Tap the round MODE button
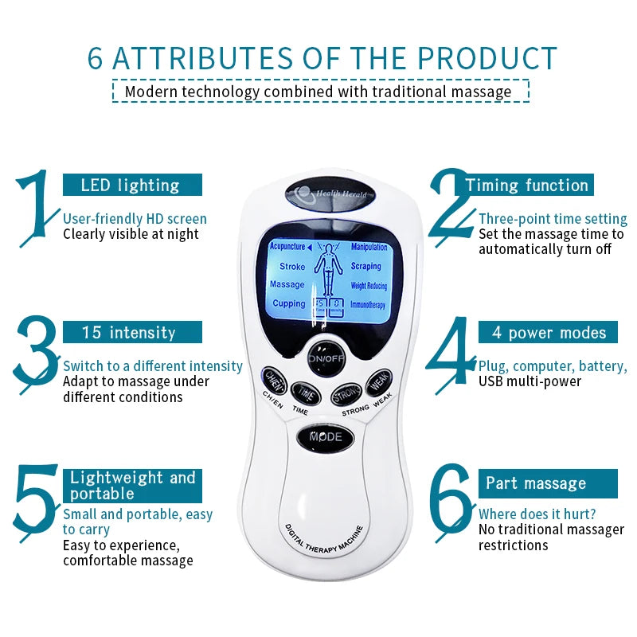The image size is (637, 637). [326, 437]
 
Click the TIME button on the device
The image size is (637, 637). [303, 391]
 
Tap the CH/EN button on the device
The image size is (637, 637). [276, 378]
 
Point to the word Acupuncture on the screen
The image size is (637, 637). [287, 248]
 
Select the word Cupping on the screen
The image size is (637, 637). [289, 303]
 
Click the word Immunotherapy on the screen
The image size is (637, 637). [368, 305]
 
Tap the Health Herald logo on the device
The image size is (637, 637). [327, 193]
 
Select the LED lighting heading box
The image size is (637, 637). [132, 186]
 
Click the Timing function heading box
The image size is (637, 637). [527, 186]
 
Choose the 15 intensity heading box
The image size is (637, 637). [132, 332]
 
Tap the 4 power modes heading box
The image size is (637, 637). [548, 332]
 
